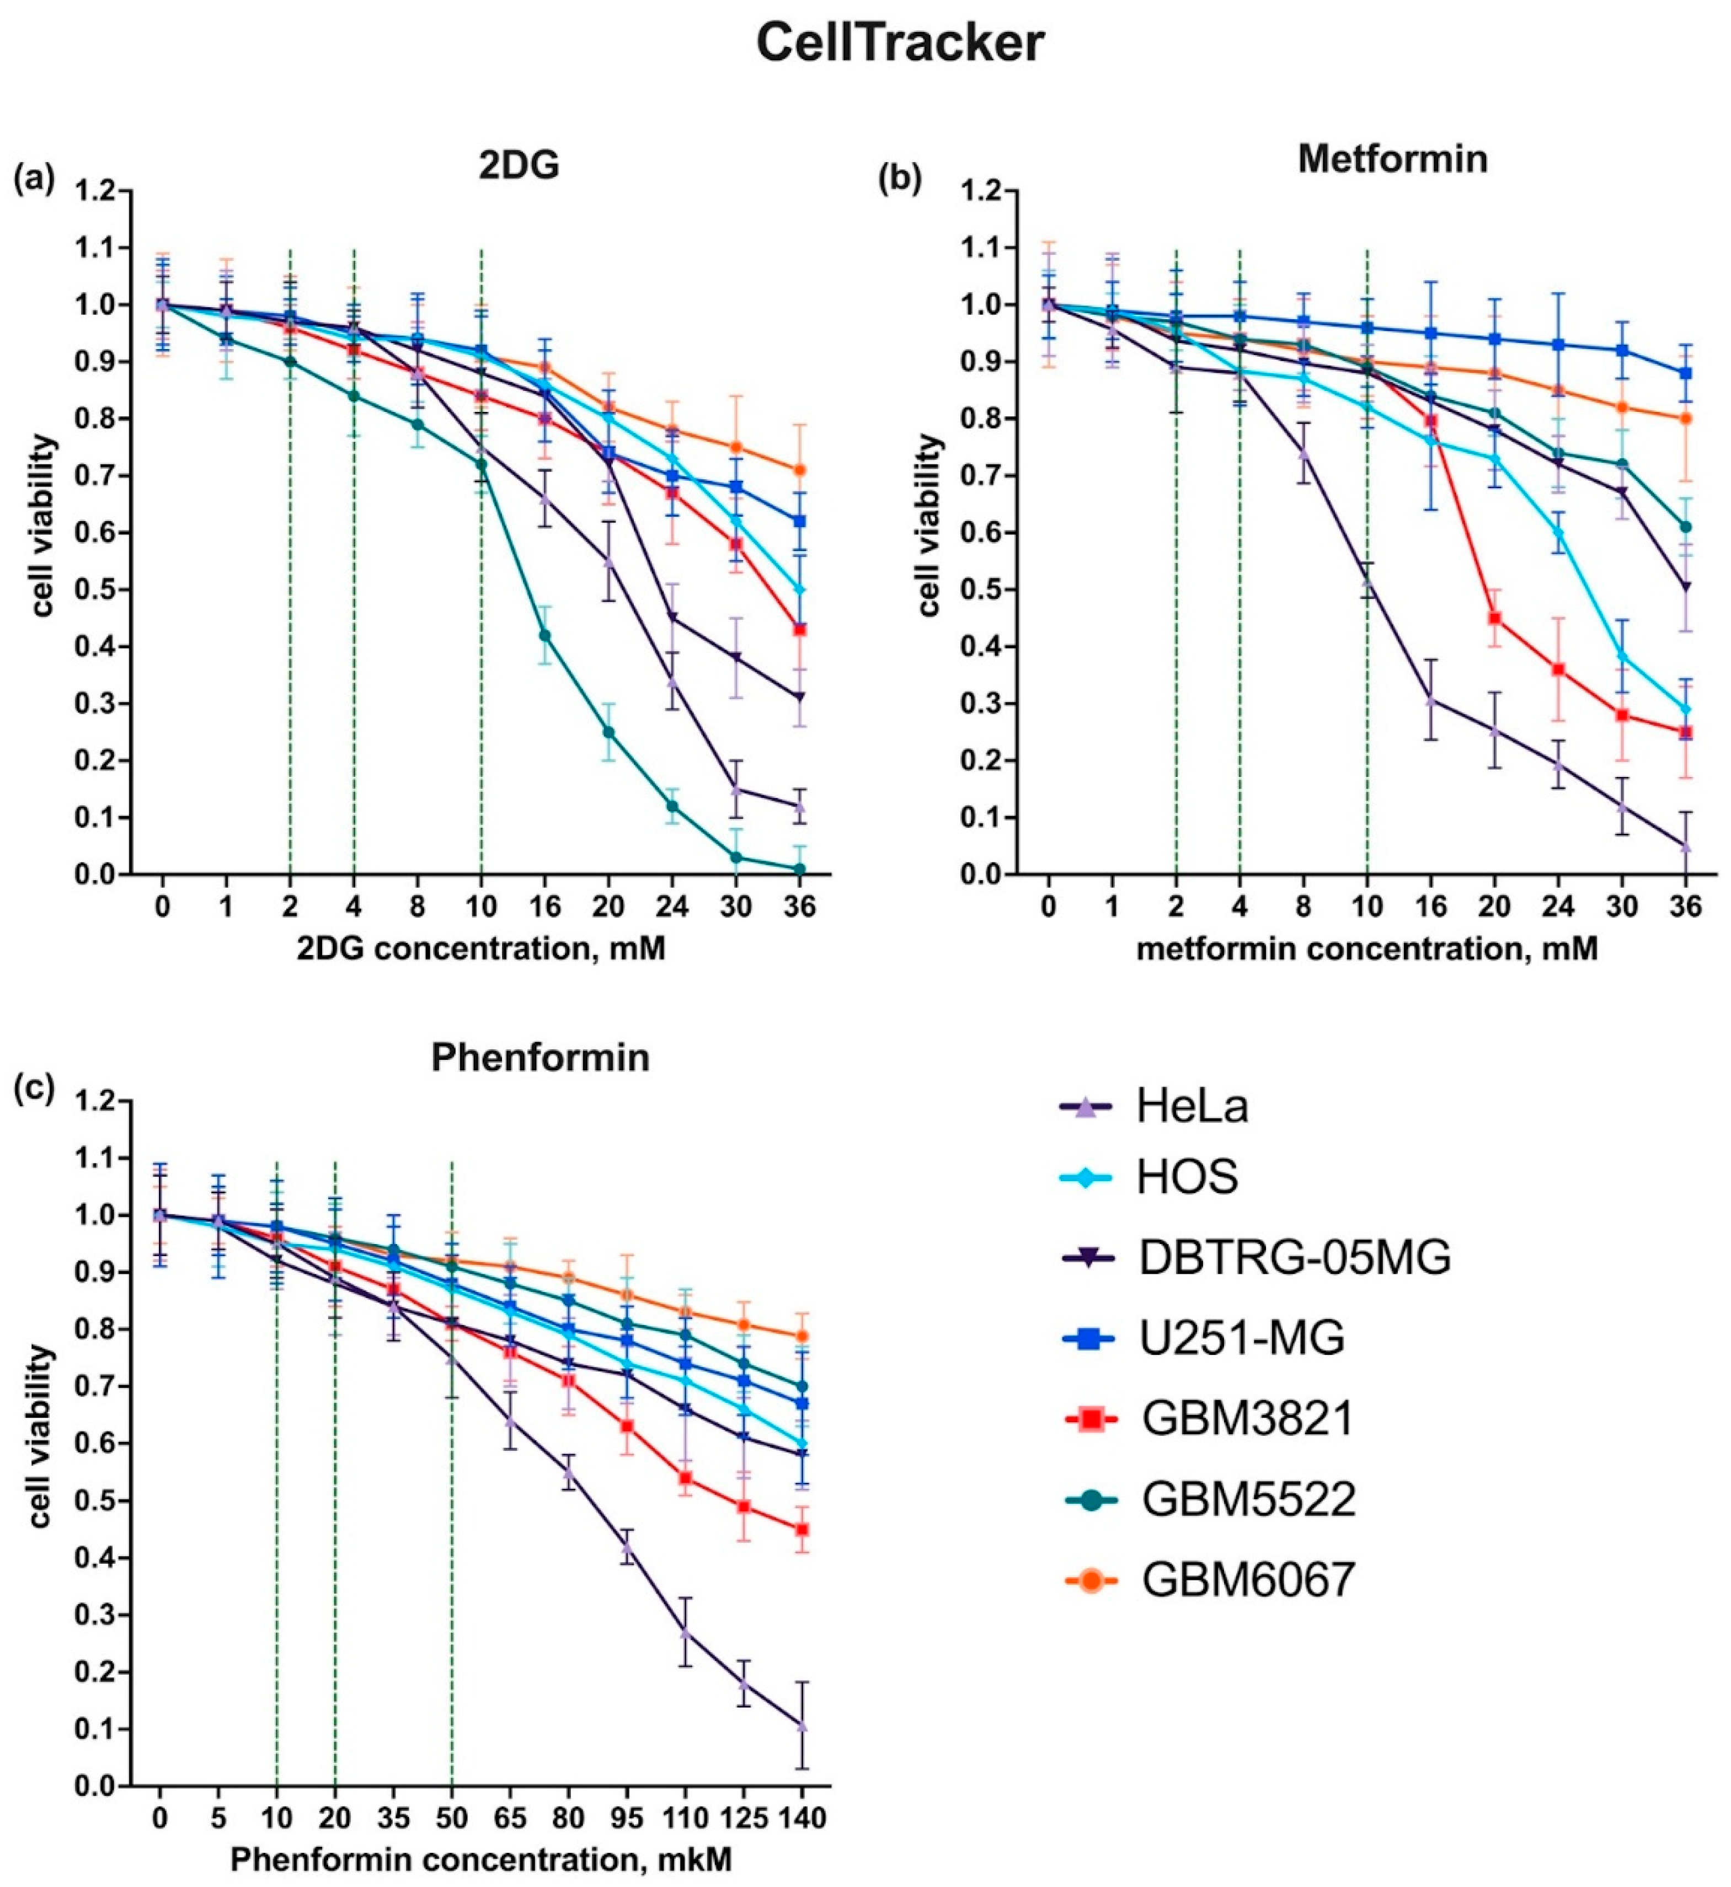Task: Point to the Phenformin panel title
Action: [x=541, y=1057]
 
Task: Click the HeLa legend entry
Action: [x=1192, y=1108]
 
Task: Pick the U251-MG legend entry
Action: [x=1241, y=1339]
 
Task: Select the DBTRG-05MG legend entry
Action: [x=1294, y=1258]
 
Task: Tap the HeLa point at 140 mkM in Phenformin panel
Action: [x=802, y=1725]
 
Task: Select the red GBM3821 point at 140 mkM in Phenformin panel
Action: [x=802, y=1529]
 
